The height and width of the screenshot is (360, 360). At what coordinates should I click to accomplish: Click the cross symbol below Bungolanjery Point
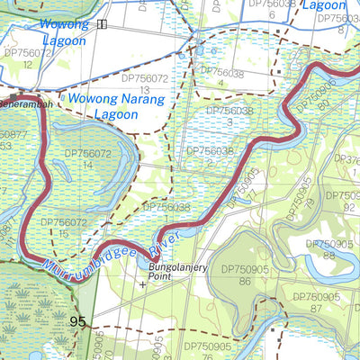pyautogui.click(x=142, y=284)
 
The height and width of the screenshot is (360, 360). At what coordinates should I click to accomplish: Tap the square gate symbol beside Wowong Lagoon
pyautogui.click(x=102, y=24)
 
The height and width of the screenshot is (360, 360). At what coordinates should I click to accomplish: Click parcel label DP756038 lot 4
pyautogui.click(x=219, y=77)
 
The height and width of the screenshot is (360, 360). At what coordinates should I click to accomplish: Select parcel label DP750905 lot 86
pyautogui.click(x=243, y=274)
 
